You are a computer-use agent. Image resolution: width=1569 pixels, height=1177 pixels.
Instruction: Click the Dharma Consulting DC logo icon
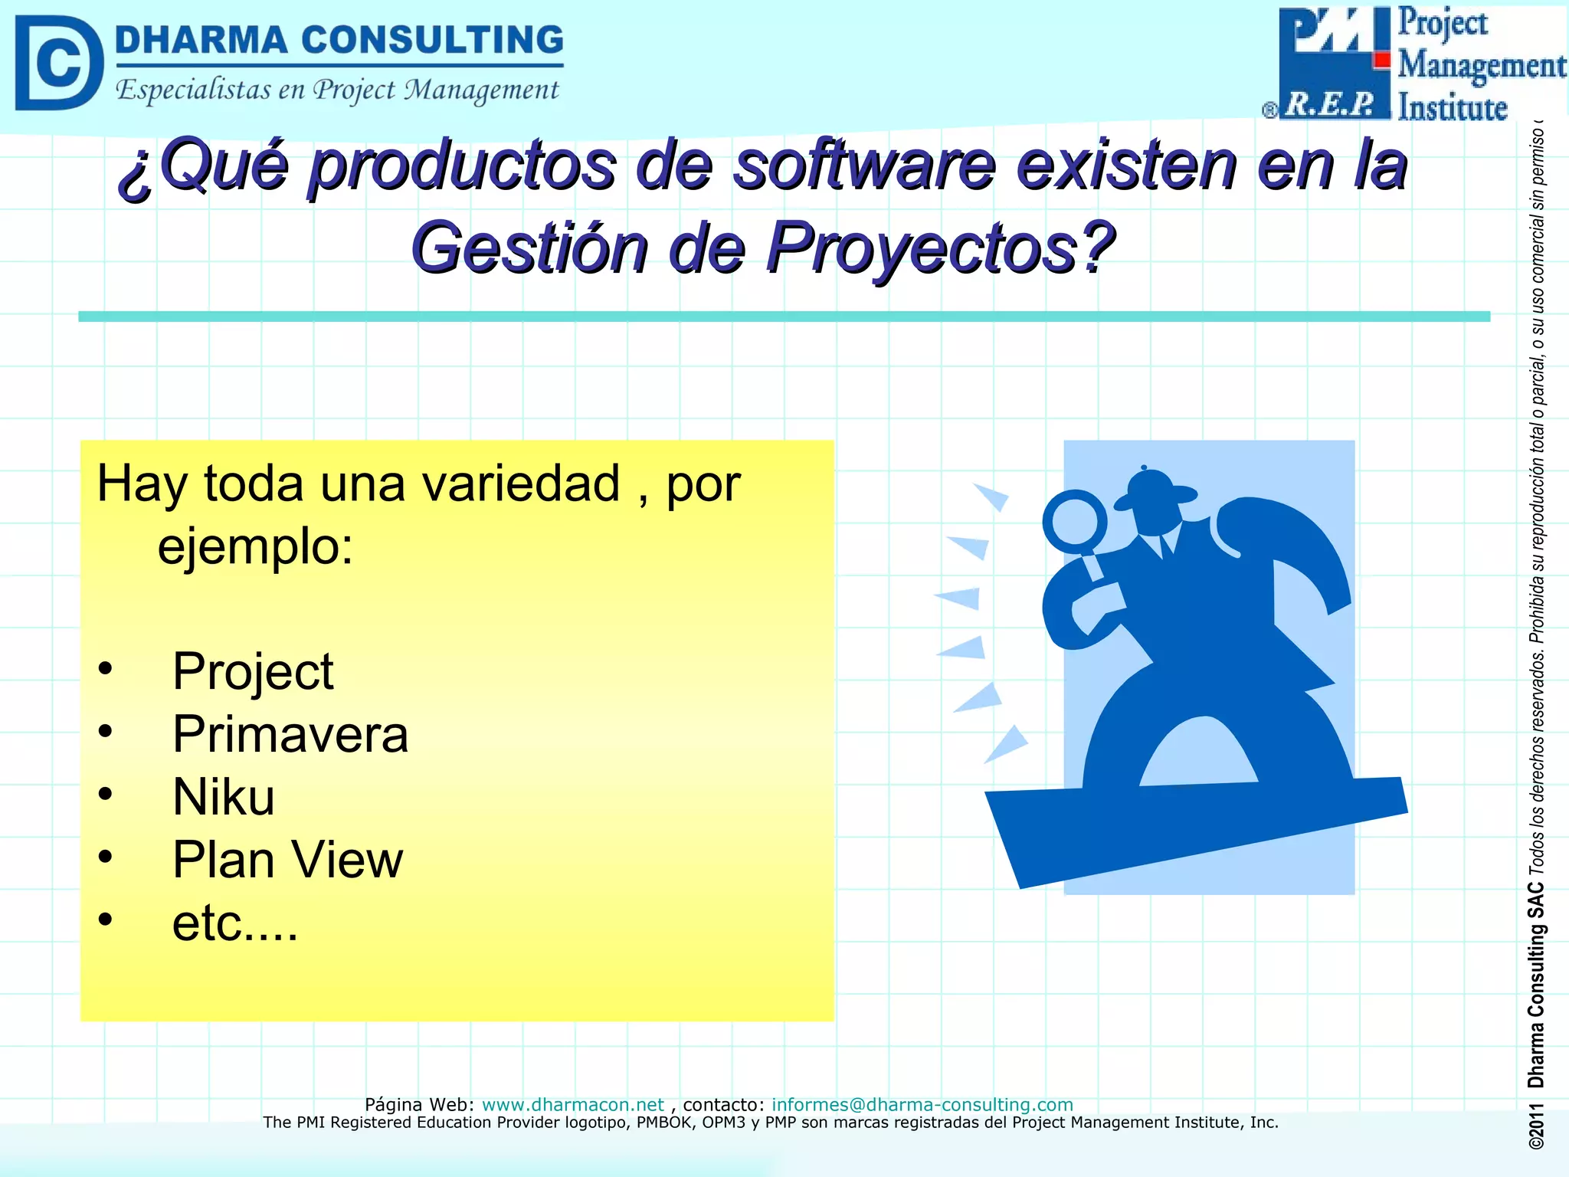(59, 63)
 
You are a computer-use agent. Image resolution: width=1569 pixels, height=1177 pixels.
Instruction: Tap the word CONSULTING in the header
(432, 40)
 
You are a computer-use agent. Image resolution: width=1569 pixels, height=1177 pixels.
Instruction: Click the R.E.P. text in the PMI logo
(1330, 105)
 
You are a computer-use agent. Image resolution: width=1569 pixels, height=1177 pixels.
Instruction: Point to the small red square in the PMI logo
(1382, 60)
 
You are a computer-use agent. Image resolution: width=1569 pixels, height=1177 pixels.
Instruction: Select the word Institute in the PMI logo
(1453, 107)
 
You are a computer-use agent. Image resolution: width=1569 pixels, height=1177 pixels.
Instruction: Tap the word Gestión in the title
(530, 248)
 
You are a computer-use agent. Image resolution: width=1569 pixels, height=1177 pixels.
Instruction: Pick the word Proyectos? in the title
(941, 248)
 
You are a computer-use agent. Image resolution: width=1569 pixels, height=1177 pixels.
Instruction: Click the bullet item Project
(253, 671)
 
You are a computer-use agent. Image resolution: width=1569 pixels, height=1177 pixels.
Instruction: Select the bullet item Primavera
(290, 734)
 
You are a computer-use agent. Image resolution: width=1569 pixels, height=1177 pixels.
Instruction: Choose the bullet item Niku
(224, 797)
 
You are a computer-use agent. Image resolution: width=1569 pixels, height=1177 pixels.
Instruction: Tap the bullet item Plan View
(287, 860)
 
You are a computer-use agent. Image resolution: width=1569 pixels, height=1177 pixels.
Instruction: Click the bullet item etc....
(234, 923)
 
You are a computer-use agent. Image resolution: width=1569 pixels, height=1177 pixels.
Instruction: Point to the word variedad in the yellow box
(521, 484)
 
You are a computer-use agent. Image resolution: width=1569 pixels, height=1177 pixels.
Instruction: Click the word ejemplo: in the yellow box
(256, 546)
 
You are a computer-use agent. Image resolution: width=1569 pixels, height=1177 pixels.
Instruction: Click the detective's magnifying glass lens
(1074, 521)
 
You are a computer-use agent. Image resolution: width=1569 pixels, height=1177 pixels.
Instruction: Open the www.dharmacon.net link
(572, 1104)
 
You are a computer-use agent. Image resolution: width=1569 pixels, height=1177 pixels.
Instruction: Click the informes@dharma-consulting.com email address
(922, 1104)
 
